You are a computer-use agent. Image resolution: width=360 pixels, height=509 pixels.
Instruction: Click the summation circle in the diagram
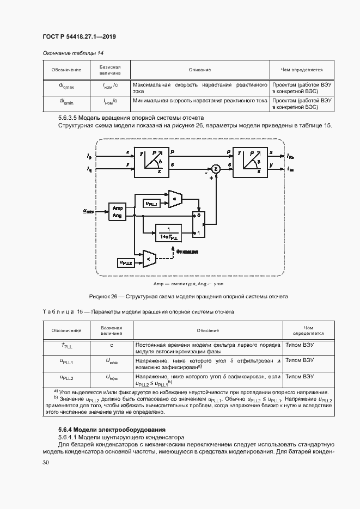coord(216,169)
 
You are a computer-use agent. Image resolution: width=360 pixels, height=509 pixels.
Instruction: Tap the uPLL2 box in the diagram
coord(126,263)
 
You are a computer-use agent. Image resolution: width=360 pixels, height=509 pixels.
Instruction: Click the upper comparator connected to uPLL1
coord(175,199)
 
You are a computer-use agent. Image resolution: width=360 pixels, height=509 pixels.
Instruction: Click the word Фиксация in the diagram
coord(186,252)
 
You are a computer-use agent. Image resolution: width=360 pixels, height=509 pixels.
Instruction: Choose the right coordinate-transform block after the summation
coord(250,162)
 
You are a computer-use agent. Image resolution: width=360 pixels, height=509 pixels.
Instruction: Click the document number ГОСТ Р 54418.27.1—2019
coord(79,36)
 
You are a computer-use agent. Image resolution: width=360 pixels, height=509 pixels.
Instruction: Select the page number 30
coord(46,463)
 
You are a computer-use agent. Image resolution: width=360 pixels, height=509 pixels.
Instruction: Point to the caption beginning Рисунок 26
coord(188,296)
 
